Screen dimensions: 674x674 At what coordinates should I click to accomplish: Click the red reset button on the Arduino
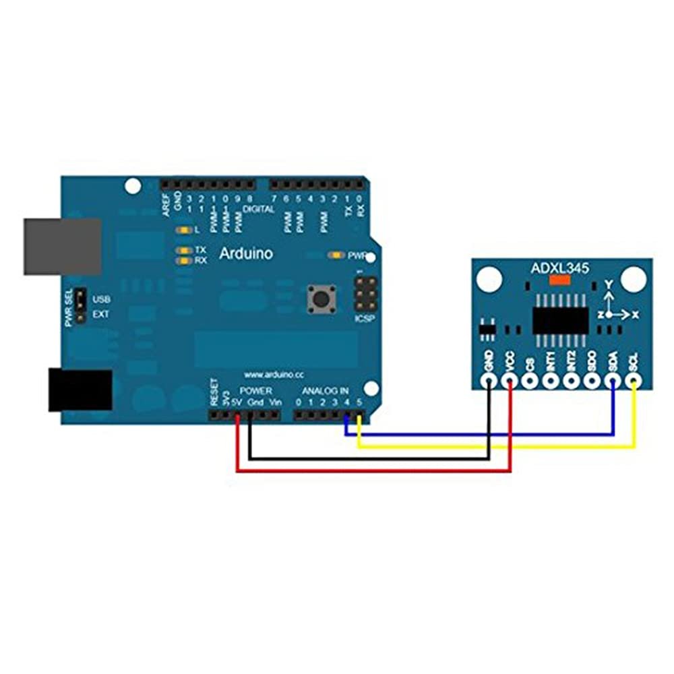(x=321, y=298)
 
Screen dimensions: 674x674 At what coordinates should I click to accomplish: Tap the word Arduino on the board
(x=246, y=254)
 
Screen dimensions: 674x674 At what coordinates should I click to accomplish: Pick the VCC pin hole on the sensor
(x=510, y=381)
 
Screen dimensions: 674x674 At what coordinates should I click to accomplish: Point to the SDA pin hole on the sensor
(x=613, y=381)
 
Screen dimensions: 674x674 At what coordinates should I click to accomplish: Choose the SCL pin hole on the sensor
(x=634, y=381)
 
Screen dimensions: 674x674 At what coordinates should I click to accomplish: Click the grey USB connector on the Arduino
(x=62, y=246)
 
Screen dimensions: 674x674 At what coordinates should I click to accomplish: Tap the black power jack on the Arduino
(x=80, y=390)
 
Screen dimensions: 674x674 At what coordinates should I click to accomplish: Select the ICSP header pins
(x=365, y=293)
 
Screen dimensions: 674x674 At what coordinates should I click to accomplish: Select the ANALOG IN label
(x=325, y=391)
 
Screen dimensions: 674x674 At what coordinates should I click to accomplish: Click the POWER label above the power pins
(x=256, y=391)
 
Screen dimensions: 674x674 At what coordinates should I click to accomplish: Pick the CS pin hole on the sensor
(x=530, y=381)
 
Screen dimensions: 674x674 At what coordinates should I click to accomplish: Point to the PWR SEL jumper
(x=80, y=306)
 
